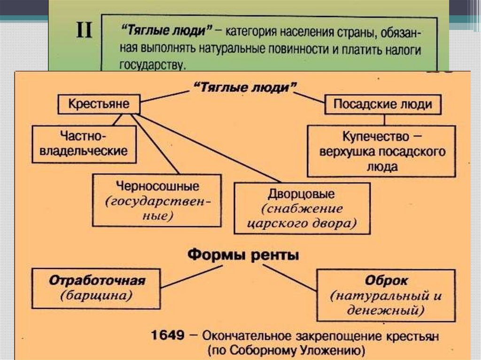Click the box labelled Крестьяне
coord(99,104)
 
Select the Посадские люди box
coord(383,105)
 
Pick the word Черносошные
coord(157,186)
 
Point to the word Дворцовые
coord(301,194)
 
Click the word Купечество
coord(376,137)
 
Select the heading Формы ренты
coord(243,255)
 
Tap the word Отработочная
coord(97,281)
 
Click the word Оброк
coord(386,280)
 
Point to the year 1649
coord(168,336)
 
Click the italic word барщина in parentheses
coord(96,296)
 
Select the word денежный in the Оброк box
coord(383,310)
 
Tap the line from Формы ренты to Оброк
coord(289,278)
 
